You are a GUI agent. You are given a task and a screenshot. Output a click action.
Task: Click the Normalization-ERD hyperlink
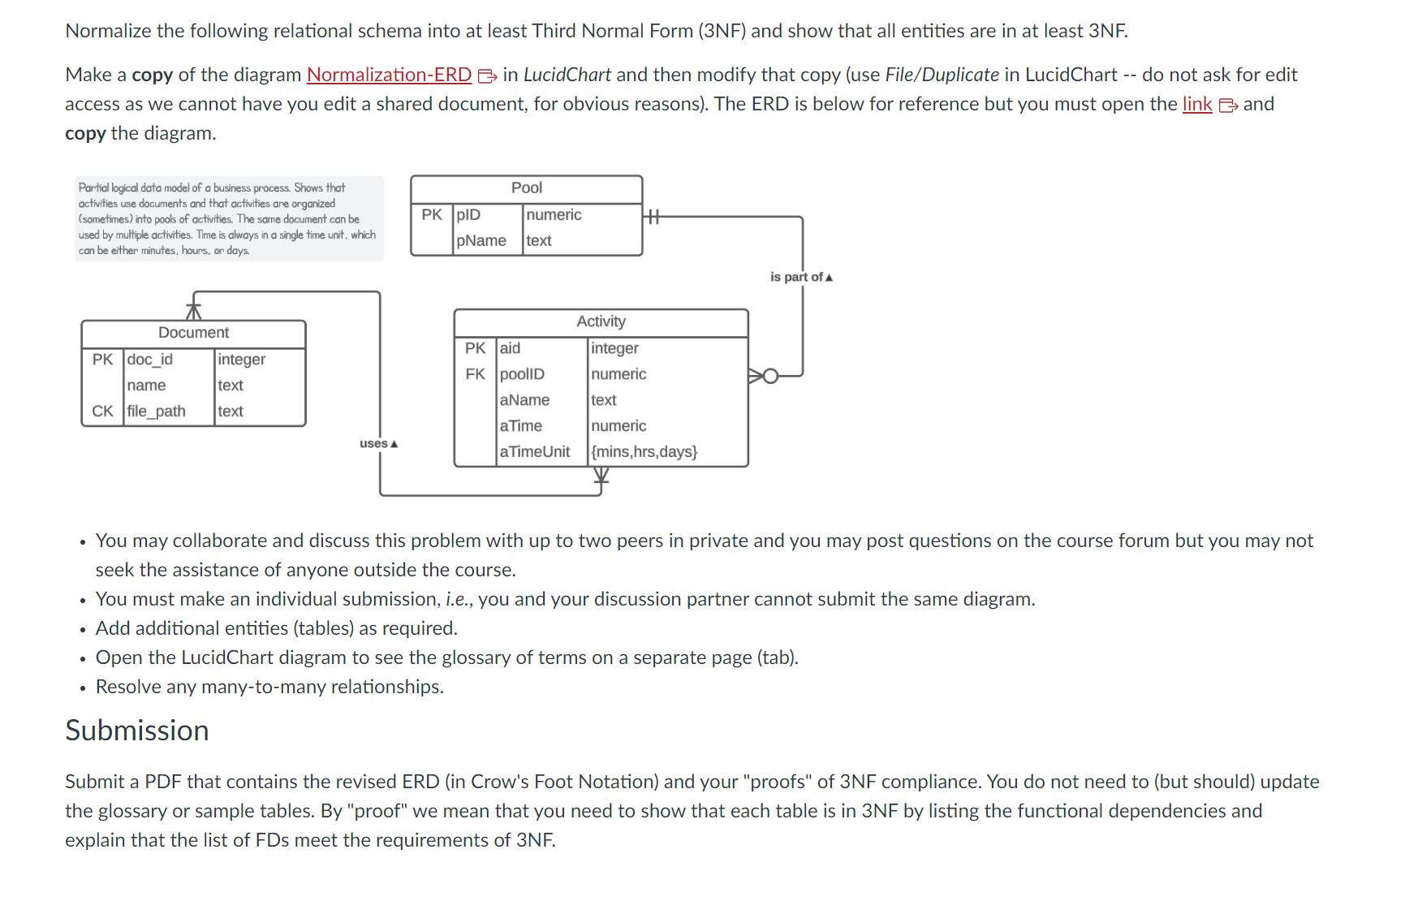click(x=389, y=75)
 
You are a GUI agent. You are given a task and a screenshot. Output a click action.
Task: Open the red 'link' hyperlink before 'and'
click(x=1196, y=105)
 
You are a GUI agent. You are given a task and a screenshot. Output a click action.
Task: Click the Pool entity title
click(x=526, y=188)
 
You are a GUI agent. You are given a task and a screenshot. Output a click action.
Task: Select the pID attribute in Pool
click(x=468, y=215)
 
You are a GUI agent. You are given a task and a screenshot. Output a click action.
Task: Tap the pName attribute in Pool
click(x=481, y=241)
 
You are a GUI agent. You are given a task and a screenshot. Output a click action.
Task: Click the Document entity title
click(x=193, y=333)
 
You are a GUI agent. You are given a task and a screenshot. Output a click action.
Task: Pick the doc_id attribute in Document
click(x=149, y=360)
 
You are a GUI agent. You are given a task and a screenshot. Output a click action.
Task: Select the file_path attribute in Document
click(x=156, y=412)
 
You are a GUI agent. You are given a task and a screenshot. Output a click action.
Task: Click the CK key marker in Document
click(x=102, y=412)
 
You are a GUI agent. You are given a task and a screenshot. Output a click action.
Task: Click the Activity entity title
click(x=601, y=321)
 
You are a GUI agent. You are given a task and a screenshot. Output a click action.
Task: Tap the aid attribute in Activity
click(x=510, y=348)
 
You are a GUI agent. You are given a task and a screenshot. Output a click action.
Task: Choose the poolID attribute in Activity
click(x=522, y=374)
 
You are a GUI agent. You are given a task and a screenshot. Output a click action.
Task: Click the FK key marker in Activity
click(x=475, y=374)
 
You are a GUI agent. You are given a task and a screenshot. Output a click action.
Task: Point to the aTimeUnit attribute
click(x=534, y=452)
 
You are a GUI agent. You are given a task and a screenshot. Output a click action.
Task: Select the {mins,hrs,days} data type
click(x=644, y=452)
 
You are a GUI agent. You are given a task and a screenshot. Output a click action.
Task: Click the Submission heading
click(x=137, y=731)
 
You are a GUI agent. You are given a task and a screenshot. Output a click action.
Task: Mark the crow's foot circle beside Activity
click(x=770, y=376)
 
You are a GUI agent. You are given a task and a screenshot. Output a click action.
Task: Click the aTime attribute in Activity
click(x=520, y=426)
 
